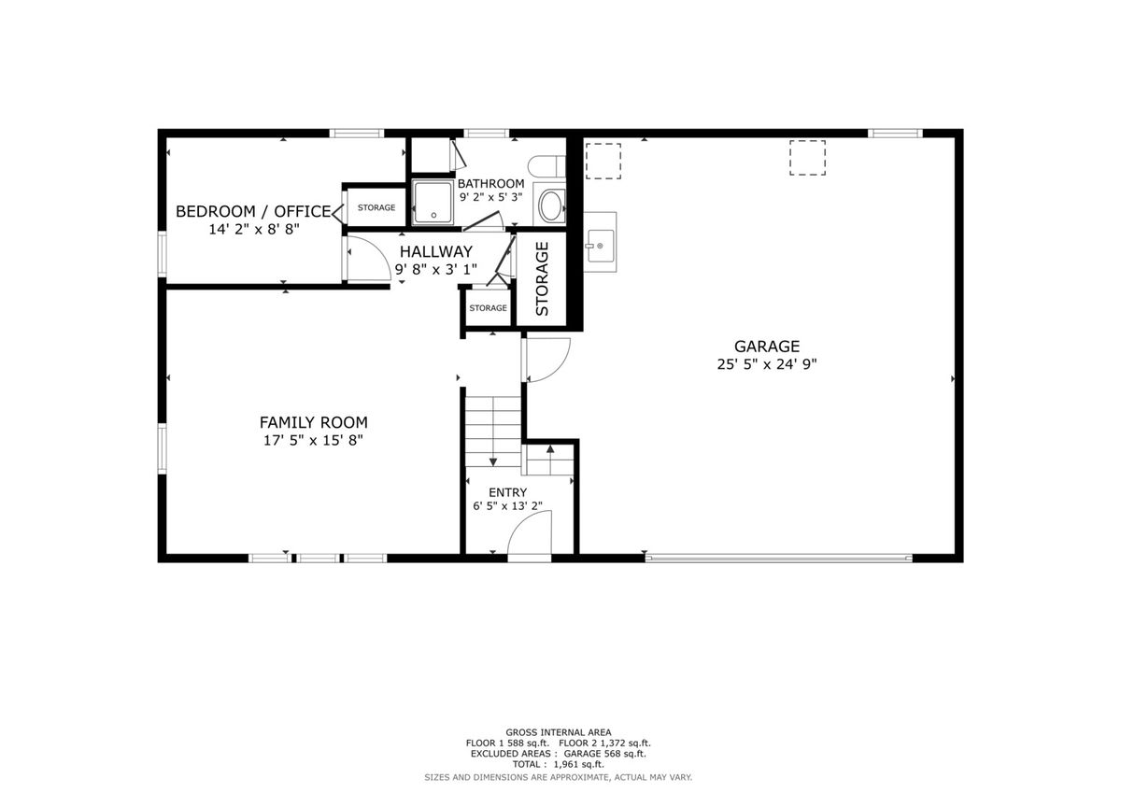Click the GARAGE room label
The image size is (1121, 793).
point(766,347)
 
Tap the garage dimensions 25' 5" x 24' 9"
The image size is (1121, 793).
point(766,364)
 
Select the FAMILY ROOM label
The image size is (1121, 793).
point(313,423)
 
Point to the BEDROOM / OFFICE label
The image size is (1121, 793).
point(253,211)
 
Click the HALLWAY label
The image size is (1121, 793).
point(436,251)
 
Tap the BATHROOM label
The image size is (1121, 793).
point(491,184)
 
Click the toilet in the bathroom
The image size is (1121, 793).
point(546,166)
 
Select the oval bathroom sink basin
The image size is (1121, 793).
point(550,205)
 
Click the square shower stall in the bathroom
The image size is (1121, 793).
point(433,202)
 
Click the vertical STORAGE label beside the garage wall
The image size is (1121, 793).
point(542,278)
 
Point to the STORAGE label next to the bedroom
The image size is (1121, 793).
point(376,207)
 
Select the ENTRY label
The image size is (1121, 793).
point(507,492)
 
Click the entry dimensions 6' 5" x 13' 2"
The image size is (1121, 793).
point(507,506)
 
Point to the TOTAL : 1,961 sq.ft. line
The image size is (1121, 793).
point(558,764)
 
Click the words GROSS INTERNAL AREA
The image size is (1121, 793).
point(558,732)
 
